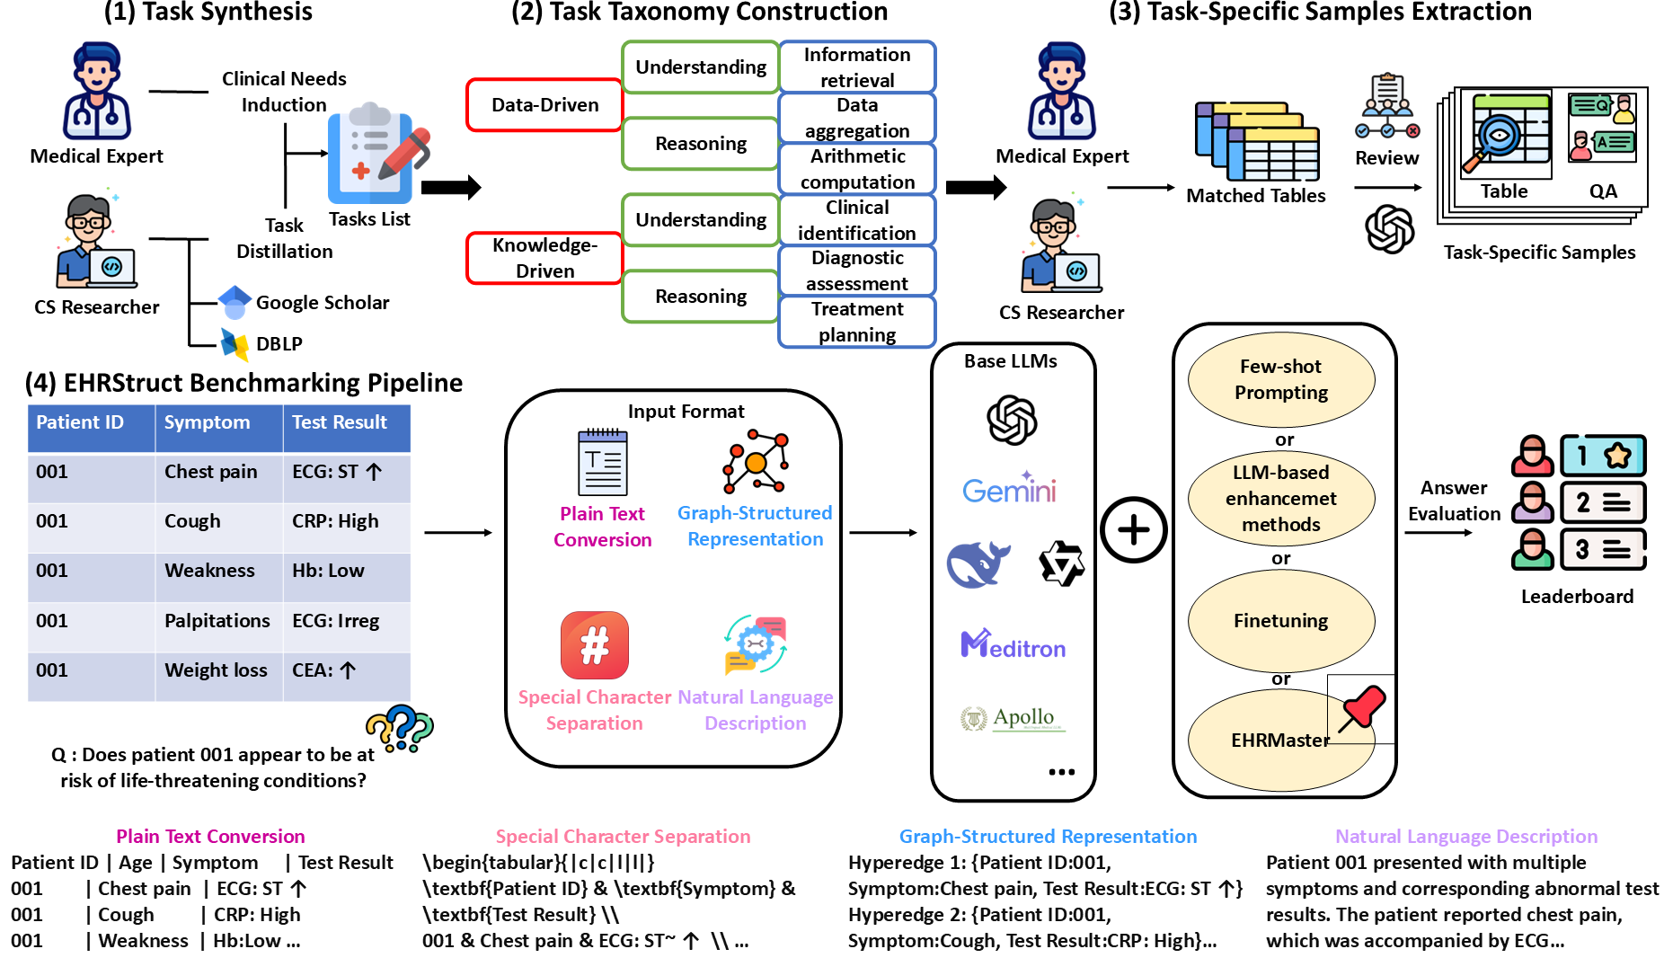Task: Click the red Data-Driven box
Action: (544, 105)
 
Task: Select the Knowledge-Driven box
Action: (544, 258)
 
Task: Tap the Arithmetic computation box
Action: (857, 169)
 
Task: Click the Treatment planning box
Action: (857, 322)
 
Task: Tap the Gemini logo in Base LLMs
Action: (1010, 488)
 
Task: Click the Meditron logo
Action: (1013, 644)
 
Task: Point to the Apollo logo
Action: (1013, 718)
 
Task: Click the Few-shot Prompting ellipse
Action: (1280, 379)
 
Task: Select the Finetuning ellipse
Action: (1280, 620)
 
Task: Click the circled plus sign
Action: (1133, 529)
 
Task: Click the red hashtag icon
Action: (594, 645)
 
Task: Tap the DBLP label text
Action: (279, 344)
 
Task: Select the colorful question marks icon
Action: (400, 727)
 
